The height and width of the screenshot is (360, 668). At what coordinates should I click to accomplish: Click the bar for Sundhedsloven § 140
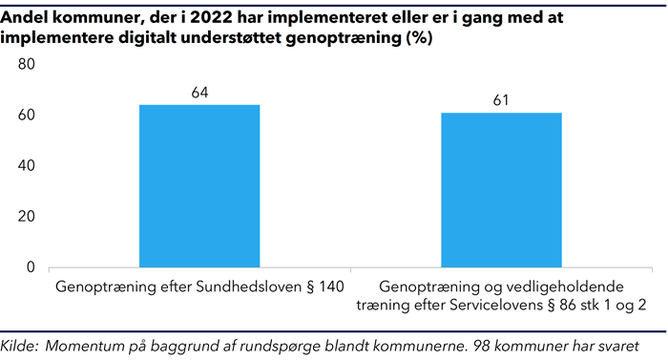[x=199, y=185]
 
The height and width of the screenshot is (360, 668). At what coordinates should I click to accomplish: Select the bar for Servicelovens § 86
[x=501, y=190]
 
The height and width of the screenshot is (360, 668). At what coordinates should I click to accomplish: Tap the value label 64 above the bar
[x=199, y=93]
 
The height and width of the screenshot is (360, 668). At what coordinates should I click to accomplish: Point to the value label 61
[x=501, y=100]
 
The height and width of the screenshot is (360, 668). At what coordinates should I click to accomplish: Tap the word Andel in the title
[x=26, y=13]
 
